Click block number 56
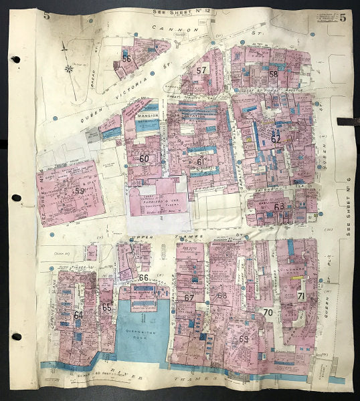pos(126,59)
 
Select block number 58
pos(274,74)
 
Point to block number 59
pos(80,190)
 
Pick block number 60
pos(144,159)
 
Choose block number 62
pos(276,140)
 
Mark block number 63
pos(279,206)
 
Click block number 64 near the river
pos(78,314)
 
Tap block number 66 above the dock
pos(143,277)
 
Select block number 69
pos(244,339)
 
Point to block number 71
pos(301,296)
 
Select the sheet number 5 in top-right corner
pos(342,17)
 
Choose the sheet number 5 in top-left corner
pos(46,16)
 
